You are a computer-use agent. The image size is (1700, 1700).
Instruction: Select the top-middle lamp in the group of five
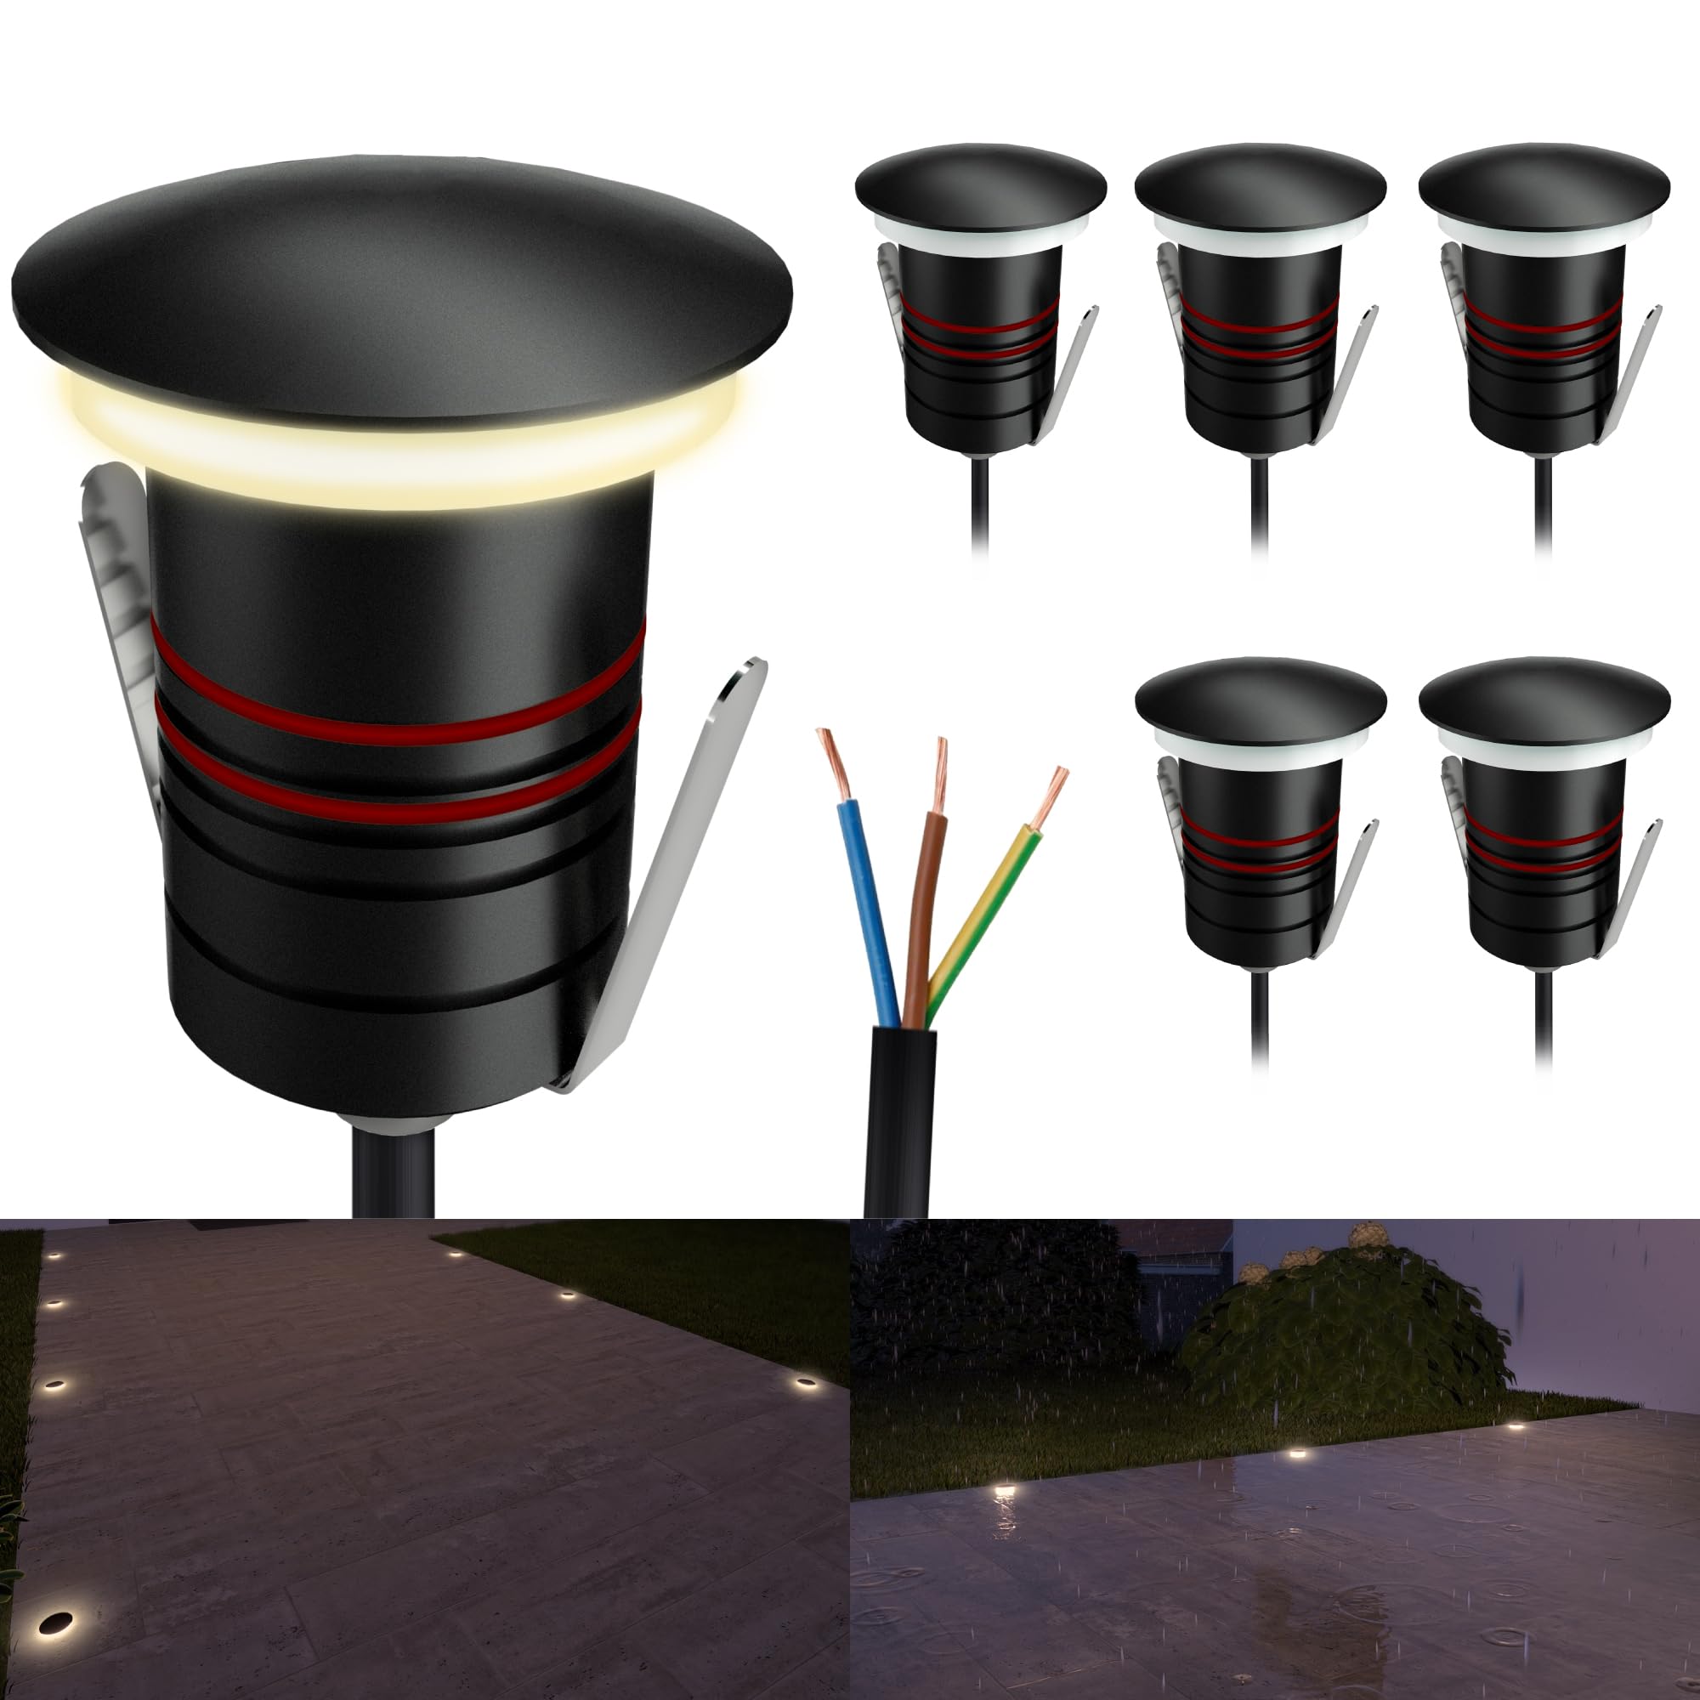click(x=1261, y=317)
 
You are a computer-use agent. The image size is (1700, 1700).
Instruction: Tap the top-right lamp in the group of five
click(x=1544, y=317)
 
